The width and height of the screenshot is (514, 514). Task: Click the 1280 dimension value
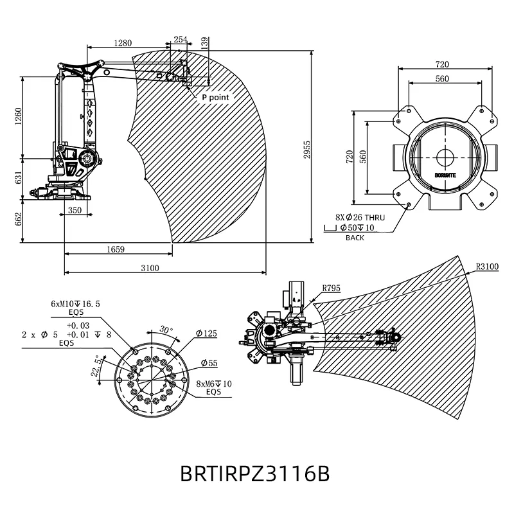123,43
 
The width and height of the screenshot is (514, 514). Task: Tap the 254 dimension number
181,39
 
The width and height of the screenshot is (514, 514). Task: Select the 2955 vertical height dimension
307,150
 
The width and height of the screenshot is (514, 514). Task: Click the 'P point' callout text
215,98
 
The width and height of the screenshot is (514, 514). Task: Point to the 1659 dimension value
116,249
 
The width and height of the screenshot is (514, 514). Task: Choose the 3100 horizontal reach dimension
150,268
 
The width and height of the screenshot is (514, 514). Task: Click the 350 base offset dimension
75,210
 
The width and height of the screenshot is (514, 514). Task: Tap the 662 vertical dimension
18,219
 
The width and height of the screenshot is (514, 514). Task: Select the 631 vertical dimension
18,177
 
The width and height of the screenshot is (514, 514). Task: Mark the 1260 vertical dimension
18,116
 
